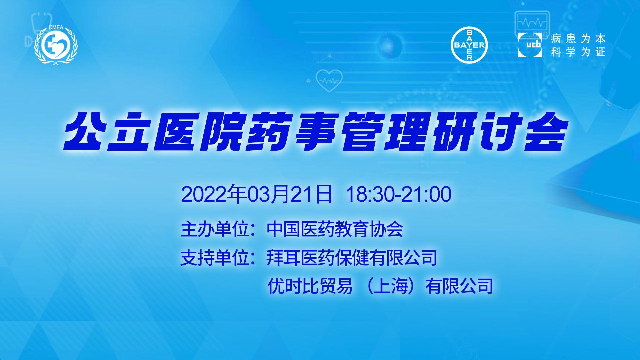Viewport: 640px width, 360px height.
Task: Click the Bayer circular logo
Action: (469, 45)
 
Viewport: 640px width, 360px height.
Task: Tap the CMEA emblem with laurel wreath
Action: (56, 45)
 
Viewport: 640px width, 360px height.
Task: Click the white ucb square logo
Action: (530, 45)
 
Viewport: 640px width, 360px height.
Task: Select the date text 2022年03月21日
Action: (257, 194)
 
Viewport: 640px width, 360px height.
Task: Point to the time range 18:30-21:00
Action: (399, 194)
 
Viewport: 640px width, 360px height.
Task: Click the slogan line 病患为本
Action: (578, 39)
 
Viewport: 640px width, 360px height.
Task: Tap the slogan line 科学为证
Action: (578, 52)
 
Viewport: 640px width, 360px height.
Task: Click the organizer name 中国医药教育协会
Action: (335, 229)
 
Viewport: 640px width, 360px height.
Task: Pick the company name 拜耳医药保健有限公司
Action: (352, 258)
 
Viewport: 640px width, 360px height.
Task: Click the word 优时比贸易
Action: (310, 286)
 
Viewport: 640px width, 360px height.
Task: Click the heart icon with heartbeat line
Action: (329, 80)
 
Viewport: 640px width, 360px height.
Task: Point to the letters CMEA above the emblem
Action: (56, 27)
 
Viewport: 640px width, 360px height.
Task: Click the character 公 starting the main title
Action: (86, 131)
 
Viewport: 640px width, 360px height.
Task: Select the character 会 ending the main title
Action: (546, 131)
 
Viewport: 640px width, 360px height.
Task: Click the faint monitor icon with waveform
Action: (532, 23)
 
